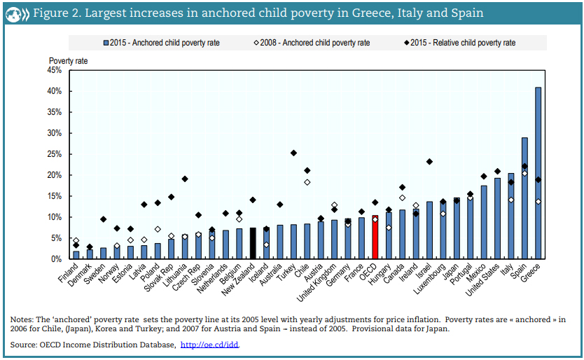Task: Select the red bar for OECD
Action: [x=375, y=237]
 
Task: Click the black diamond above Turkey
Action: [x=293, y=153]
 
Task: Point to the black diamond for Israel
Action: [x=429, y=162]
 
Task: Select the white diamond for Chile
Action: [x=307, y=182]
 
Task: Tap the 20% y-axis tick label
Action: [x=55, y=175]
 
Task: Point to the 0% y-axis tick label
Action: [x=57, y=259]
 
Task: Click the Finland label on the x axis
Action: [x=69, y=274]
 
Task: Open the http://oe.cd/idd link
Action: [x=209, y=345]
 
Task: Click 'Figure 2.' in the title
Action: [x=58, y=13]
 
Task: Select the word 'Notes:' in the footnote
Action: [x=22, y=320]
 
